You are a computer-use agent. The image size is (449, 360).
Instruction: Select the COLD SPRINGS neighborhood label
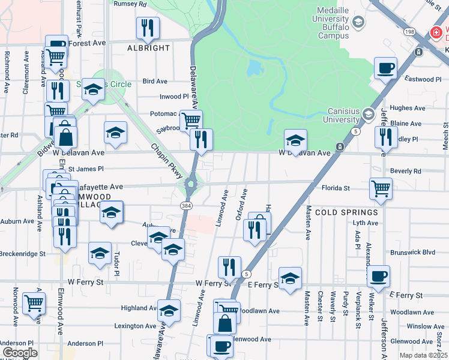346,212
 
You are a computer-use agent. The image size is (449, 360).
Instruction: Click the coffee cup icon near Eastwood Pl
385,68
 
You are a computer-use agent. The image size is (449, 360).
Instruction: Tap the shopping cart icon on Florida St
381,188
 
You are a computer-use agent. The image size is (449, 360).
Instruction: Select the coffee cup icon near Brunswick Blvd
378,276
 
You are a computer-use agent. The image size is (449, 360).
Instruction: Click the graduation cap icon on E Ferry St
291,278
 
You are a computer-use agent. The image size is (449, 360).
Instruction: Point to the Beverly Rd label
408,171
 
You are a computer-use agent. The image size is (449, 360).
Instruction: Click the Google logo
20,353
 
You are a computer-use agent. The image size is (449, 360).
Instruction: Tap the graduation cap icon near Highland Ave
169,310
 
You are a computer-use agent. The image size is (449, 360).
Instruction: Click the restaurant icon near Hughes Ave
382,137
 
